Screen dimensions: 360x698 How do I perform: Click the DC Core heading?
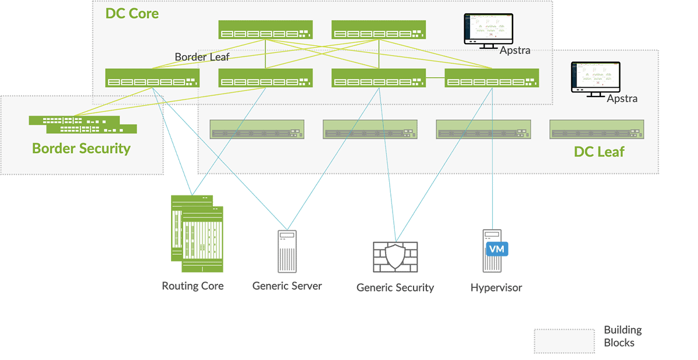pyautogui.click(x=132, y=13)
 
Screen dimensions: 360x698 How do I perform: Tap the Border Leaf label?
pyautogui.click(x=202, y=57)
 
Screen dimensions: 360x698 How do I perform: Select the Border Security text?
pyautogui.click(x=81, y=148)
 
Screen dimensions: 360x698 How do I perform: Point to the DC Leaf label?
pyautogui.click(x=599, y=152)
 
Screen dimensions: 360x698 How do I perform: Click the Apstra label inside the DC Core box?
pyautogui.click(x=515, y=51)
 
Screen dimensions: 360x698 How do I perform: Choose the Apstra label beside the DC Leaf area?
pyautogui.click(x=622, y=98)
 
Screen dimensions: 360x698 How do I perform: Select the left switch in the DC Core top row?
pyautogui.click(x=265, y=30)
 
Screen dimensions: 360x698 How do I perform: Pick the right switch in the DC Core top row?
pyautogui.click(x=378, y=30)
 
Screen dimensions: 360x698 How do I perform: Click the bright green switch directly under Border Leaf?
pyautogui.click(x=152, y=78)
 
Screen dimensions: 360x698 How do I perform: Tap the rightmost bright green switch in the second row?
pyautogui.click(x=492, y=78)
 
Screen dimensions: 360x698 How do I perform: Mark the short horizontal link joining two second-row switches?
pyautogui.click(x=435, y=77)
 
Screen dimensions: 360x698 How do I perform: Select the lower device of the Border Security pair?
pyautogui.click(x=99, y=129)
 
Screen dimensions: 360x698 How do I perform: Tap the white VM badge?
pyautogui.click(x=496, y=249)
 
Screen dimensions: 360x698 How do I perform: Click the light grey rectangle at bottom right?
pyautogui.click(x=564, y=341)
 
